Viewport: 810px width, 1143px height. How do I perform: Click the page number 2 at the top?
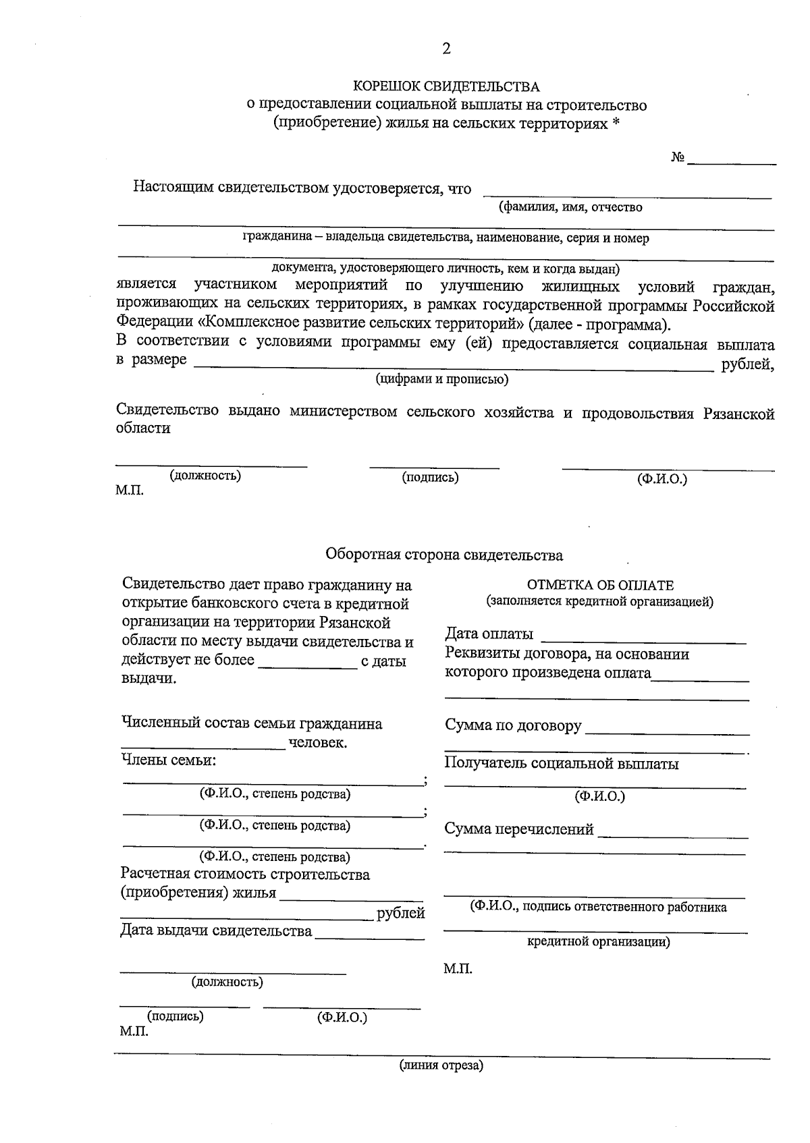tap(446, 49)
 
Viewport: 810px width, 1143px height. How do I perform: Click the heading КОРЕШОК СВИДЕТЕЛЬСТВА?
tap(447, 87)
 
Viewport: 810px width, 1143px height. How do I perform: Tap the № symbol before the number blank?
tap(678, 158)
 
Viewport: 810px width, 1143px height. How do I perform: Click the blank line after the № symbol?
tap(732, 163)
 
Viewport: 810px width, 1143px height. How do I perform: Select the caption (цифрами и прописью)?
tap(442, 379)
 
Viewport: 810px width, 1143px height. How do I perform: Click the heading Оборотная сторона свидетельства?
tap(444, 555)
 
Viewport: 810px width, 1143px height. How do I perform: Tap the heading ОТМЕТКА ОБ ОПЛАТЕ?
tap(600, 586)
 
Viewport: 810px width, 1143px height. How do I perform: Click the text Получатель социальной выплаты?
tap(562, 764)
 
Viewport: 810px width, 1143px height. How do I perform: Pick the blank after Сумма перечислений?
tap(672, 835)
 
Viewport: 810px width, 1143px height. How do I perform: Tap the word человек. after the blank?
tap(318, 744)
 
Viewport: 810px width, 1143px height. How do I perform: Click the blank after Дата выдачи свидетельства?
tap(369, 938)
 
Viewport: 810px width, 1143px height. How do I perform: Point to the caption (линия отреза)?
tap(441, 1066)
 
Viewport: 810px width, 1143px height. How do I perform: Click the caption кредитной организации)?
tap(598, 942)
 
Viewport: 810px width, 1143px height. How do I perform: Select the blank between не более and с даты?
tap(308, 667)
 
